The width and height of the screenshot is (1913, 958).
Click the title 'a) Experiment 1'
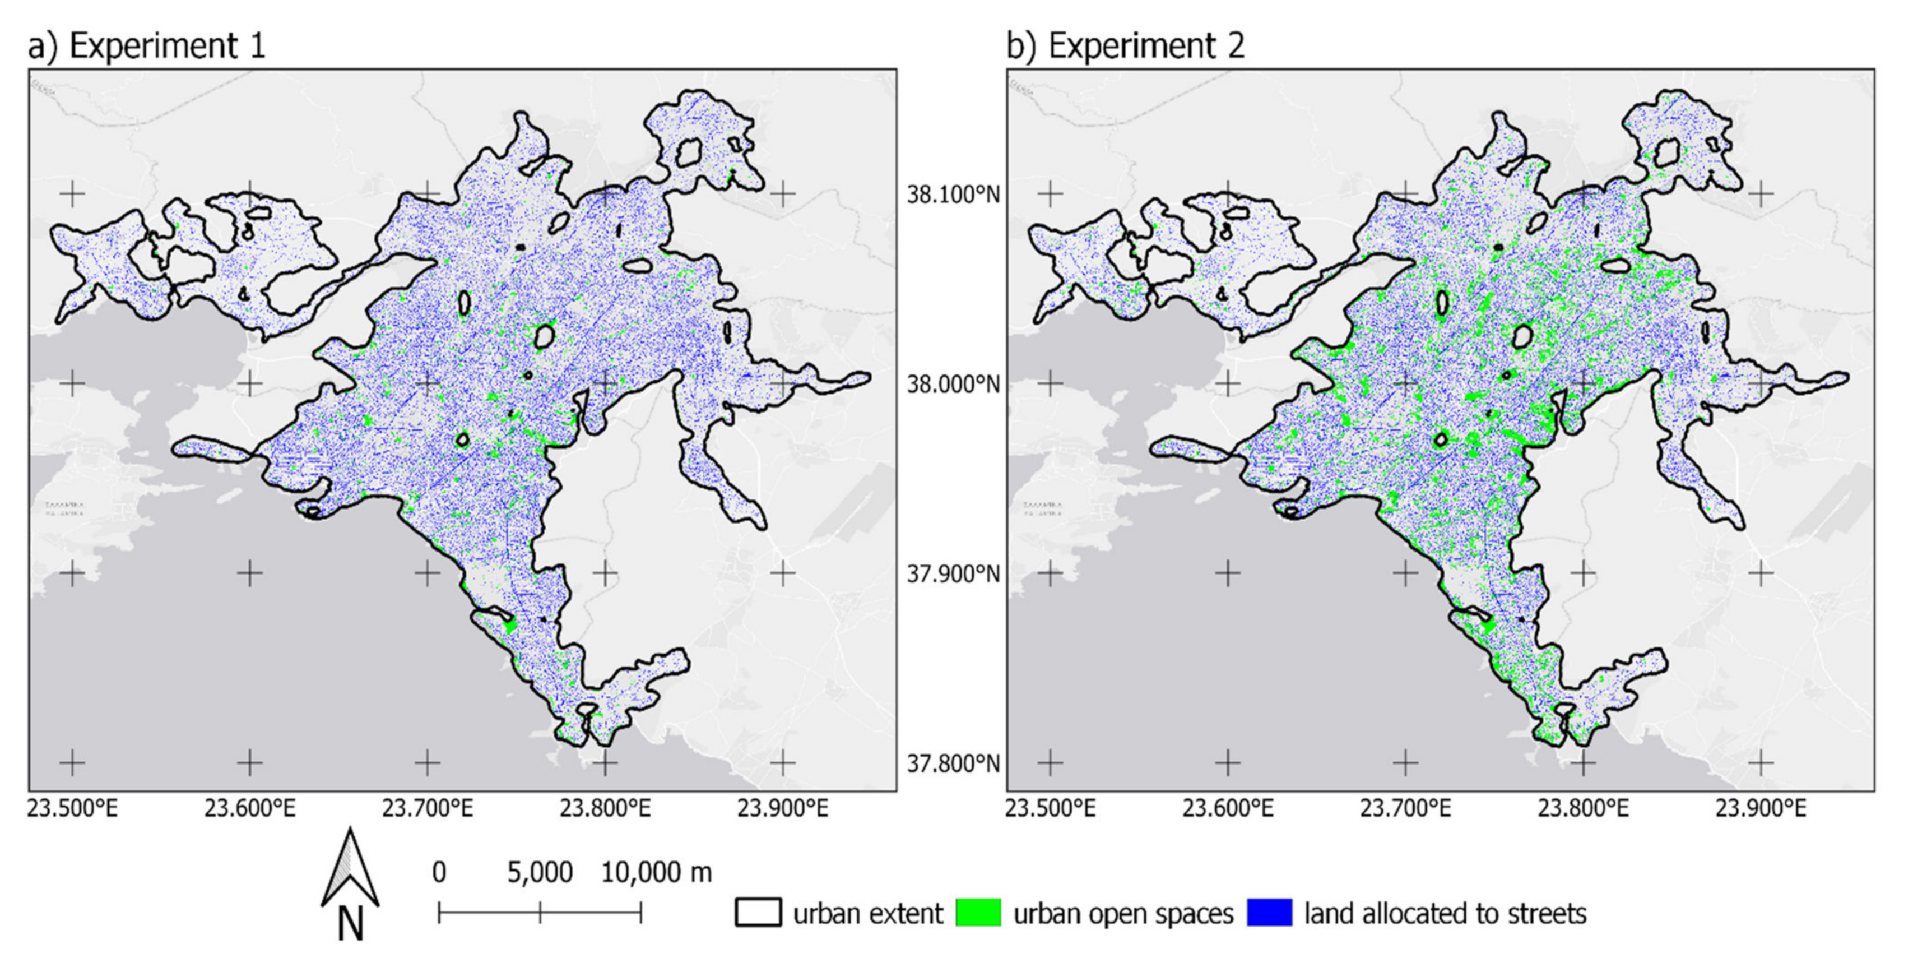pos(146,45)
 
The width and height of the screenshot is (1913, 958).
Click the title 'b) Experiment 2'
pos(1125,45)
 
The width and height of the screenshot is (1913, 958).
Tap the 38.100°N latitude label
pos(953,195)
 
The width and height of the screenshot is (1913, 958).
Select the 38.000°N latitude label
pos(953,385)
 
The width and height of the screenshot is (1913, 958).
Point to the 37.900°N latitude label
pos(953,574)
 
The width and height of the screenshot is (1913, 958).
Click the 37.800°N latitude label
pos(953,763)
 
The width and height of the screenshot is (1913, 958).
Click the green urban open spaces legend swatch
pos(977,913)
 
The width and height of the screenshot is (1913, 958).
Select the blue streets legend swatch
pos(1269,913)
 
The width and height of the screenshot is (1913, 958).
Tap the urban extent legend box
pos(758,913)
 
